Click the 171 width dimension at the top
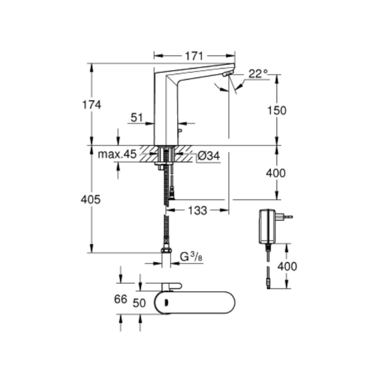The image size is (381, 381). (x=194, y=56)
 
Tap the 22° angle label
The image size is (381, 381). (x=258, y=74)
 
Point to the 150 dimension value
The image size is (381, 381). (x=277, y=110)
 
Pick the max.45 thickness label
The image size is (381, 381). (x=117, y=154)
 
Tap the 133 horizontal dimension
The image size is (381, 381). (x=197, y=210)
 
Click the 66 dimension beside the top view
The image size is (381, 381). (x=120, y=299)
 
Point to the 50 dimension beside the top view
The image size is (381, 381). (x=139, y=303)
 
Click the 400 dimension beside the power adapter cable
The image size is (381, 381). (x=287, y=266)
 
